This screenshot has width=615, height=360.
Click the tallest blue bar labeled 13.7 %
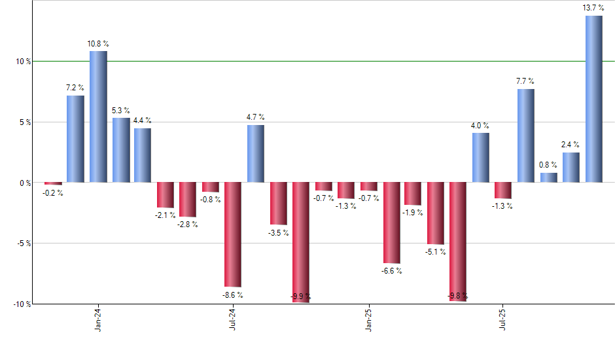point(593,99)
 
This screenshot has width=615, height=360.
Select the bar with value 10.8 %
point(98,117)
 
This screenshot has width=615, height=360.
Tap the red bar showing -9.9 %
point(301,242)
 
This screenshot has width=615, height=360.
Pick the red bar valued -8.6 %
point(233,234)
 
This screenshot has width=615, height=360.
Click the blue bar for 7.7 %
point(526,135)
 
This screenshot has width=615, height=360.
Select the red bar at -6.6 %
point(391,223)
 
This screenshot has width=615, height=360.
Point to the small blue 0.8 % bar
point(548,177)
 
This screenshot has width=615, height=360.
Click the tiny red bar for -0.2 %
point(53,184)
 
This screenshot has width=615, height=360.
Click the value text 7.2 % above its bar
point(75,87)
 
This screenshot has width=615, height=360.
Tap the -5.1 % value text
point(436,252)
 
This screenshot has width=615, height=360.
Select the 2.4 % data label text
point(571,145)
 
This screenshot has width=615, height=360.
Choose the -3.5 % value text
point(278,232)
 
